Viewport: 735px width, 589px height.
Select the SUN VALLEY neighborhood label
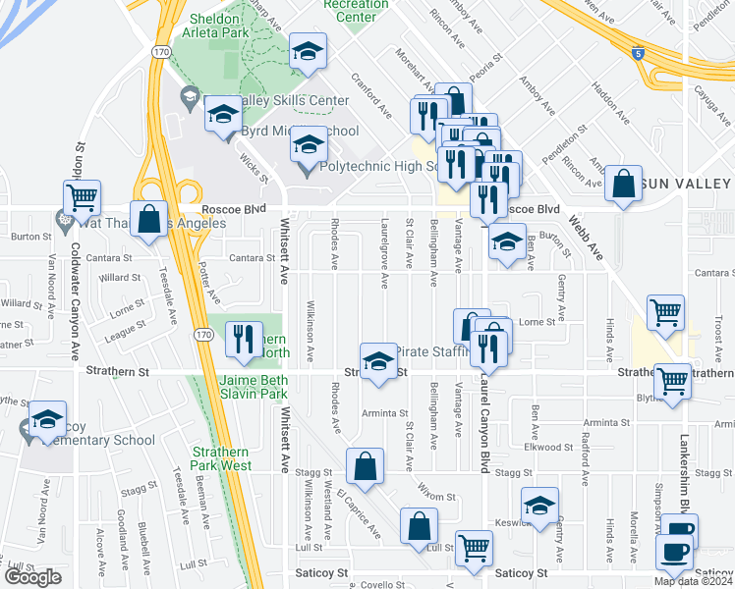(688, 184)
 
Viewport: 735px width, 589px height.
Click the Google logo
(32, 578)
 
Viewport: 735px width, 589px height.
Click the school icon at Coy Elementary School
(47, 420)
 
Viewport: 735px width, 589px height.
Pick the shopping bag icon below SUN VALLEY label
(624, 183)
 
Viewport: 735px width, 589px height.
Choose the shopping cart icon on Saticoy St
(474, 549)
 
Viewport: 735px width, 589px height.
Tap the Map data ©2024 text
(694, 581)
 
